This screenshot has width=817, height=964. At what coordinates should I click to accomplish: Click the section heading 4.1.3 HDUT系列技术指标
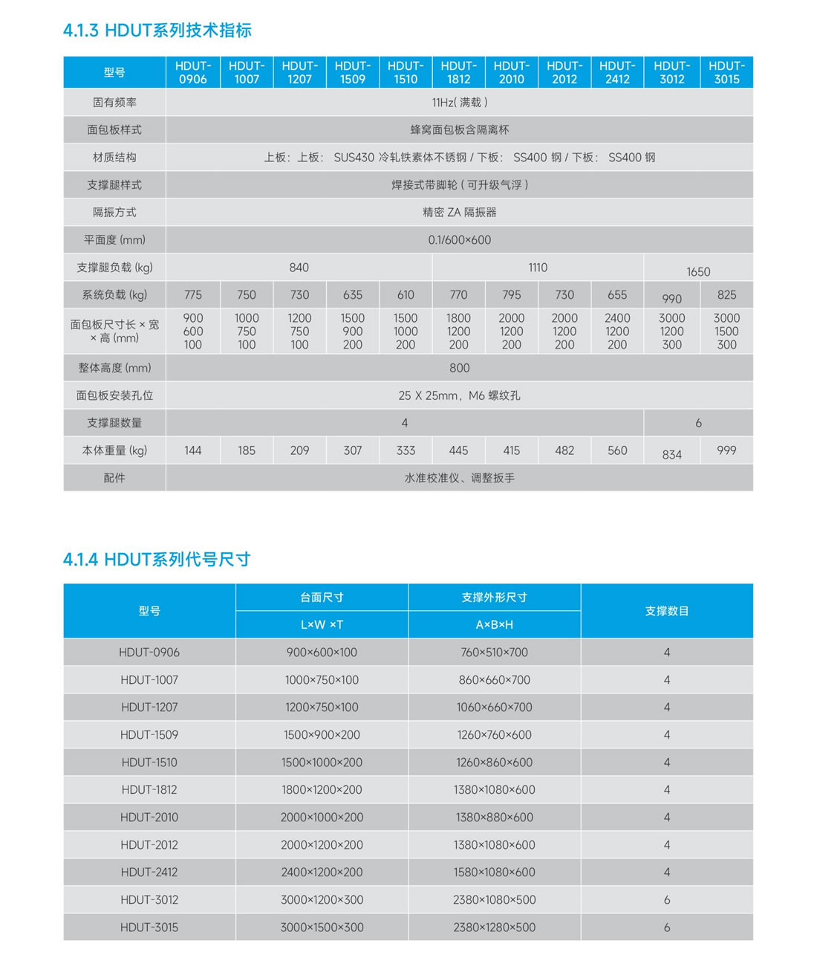tap(157, 30)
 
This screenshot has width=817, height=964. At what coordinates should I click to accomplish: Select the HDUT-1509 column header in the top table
tap(352, 72)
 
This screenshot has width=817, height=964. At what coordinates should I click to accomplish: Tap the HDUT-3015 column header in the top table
tap(726, 72)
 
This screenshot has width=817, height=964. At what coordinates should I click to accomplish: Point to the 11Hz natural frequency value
tap(459, 103)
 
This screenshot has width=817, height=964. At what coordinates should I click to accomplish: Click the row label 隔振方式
tap(114, 213)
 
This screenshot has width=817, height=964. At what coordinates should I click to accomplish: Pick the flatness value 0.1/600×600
tap(459, 240)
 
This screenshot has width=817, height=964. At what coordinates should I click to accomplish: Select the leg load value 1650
tap(698, 272)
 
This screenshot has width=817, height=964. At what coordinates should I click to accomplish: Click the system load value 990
tap(671, 299)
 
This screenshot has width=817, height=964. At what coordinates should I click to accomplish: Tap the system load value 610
tap(406, 295)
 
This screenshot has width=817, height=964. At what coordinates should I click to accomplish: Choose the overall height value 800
tap(459, 368)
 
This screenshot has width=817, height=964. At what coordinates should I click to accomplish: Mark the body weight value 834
tap(671, 455)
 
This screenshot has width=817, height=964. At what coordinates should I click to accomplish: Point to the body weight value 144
tap(193, 450)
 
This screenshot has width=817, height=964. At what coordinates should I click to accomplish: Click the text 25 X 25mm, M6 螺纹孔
tap(459, 395)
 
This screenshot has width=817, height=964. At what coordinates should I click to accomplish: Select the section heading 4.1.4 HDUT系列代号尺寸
tap(157, 560)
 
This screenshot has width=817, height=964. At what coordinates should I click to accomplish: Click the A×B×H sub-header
tap(494, 625)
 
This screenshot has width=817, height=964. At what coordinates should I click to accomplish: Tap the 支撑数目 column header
tap(666, 611)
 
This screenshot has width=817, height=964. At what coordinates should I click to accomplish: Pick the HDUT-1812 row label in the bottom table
tap(149, 790)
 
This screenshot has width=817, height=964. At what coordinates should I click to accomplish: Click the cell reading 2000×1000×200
tap(322, 818)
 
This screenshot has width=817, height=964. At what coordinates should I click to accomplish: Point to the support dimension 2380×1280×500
tap(494, 928)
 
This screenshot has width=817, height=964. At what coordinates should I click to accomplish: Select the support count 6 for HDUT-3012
tap(666, 900)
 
